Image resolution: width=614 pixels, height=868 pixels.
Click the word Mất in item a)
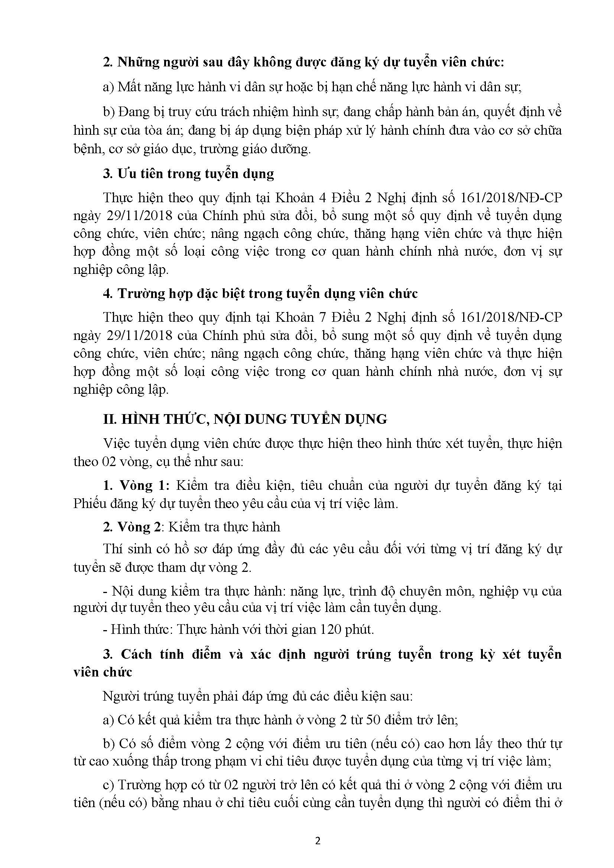tap(130, 87)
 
